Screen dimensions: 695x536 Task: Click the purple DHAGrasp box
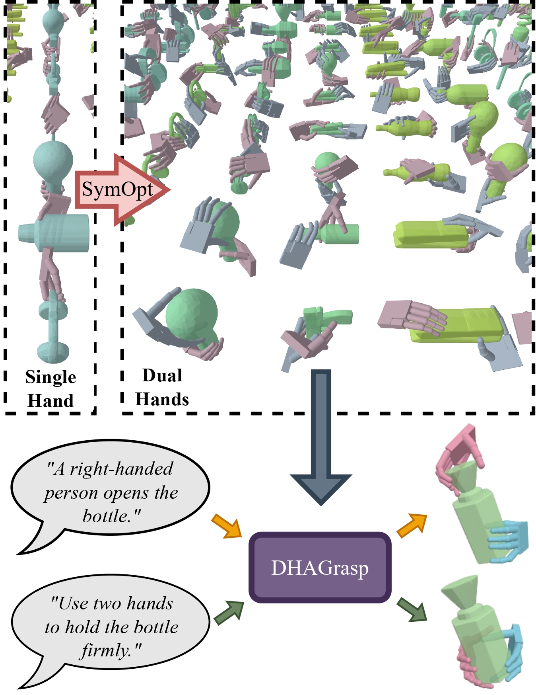point(320,568)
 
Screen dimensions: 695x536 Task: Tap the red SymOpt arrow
point(119,190)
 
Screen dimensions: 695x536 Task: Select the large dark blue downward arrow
point(321,438)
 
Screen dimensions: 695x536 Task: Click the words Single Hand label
point(50,388)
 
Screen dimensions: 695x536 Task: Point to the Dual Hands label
point(162,387)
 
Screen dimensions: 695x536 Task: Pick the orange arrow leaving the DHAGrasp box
point(412,525)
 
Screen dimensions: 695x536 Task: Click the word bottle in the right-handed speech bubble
point(104,516)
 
